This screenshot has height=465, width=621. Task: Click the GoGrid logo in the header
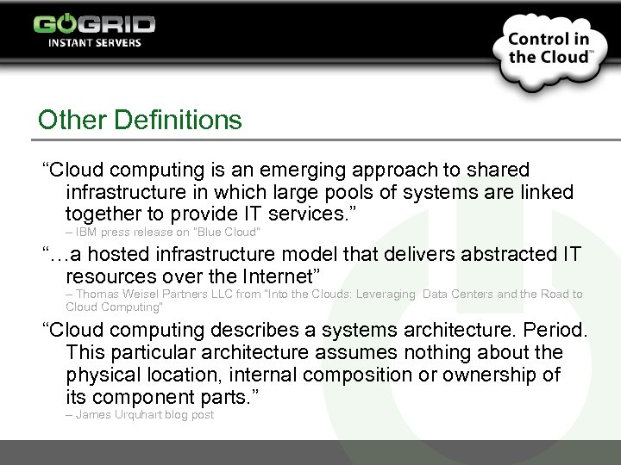click(94, 23)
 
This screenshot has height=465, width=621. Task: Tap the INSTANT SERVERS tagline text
click(94, 42)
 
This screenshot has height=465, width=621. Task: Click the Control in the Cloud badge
click(549, 48)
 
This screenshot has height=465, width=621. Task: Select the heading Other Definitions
click(140, 120)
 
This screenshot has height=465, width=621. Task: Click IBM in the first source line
click(86, 232)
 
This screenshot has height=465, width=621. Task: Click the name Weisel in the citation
click(137, 294)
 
